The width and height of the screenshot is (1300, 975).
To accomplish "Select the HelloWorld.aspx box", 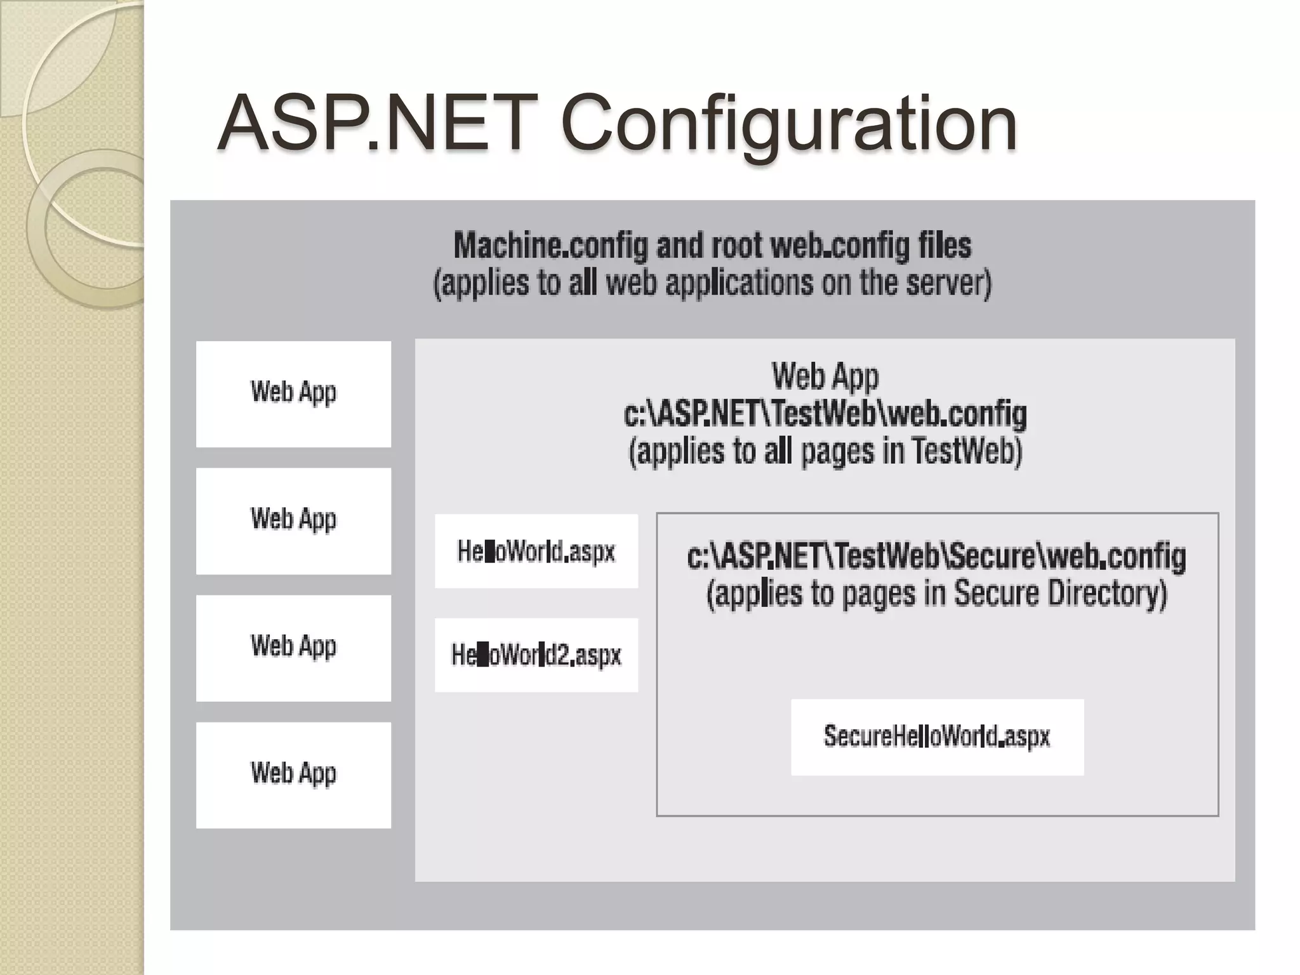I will click(x=536, y=551).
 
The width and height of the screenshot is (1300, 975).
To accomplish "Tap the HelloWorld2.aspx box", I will click(x=536, y=654).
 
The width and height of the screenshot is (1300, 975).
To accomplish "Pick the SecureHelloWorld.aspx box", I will click(x=937, y=736).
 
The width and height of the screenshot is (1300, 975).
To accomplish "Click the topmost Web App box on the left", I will click(x=293, y=394).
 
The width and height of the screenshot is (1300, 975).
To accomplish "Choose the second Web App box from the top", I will click(x=293, y=521).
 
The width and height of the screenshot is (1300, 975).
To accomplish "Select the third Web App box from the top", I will click(x=293, y=647).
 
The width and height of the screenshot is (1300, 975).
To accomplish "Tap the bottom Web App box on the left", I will click(x=293, y=774).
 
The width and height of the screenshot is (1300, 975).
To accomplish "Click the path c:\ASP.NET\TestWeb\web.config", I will click(x=825, y=414).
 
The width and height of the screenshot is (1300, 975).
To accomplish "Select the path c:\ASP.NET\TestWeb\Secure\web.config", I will click(x=937, y=556).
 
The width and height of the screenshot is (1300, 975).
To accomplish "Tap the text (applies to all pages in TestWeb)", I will click(x=825, y=452).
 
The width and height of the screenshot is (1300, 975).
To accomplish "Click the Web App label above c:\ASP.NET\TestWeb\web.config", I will click(x=825, y=376).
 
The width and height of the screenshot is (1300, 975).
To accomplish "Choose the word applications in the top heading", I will click(x=739, y=283).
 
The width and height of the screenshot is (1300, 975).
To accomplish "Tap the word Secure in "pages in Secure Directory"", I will click(x=996, y=594).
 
